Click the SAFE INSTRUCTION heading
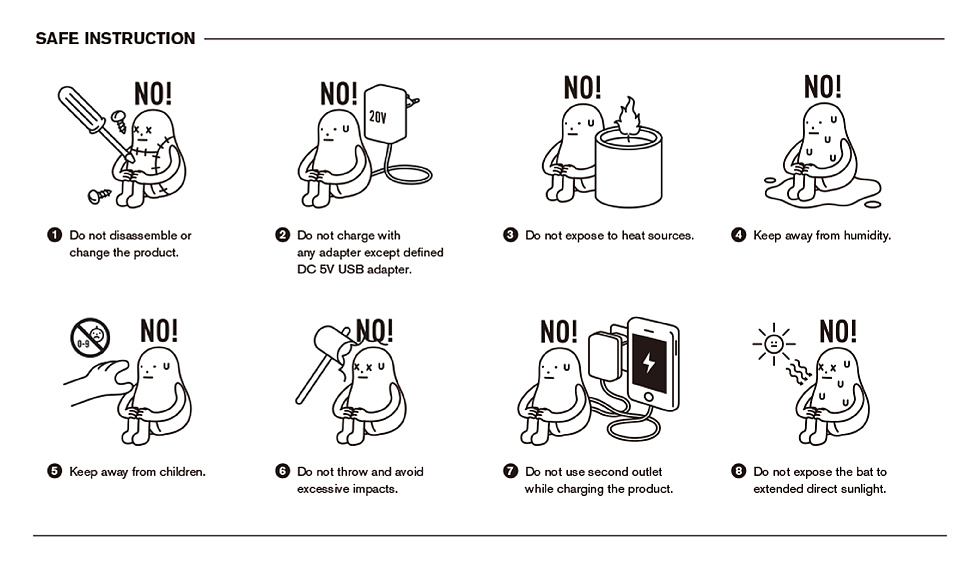(115, 39)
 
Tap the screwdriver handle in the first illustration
(81, 109)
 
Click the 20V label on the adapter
(378, 116)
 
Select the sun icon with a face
(774, 344)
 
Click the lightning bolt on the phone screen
(649, 362)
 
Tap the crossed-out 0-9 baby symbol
(90, 337)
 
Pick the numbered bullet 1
(54, 235)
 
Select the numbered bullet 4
(738, 235)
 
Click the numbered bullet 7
(511, 471)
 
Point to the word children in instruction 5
(182, 472)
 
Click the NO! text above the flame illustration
(582, 87)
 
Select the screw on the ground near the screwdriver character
(99, 196)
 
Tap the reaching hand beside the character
(100, 381)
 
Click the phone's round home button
(649, 397)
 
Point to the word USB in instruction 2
(351, 270)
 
